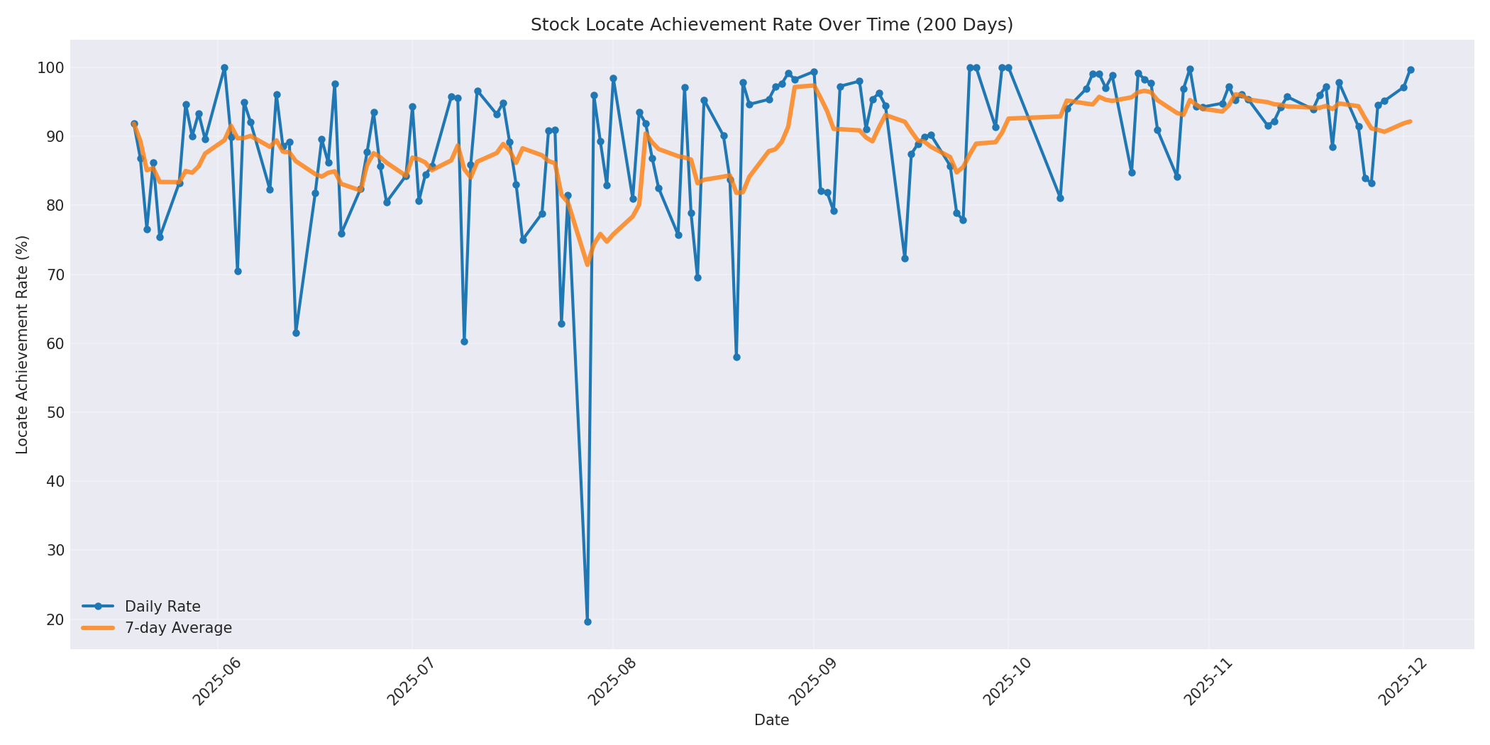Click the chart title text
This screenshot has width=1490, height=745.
tap(771, 25)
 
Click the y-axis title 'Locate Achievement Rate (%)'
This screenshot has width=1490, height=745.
tap(22, 345)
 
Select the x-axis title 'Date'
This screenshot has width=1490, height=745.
tap(771, 720)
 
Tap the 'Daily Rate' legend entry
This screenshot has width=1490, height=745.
tap(162, 607)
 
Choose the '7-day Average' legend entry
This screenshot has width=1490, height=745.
tap(178, 628)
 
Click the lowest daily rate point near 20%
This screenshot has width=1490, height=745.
tap(587, 622)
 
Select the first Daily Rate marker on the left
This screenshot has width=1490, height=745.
tap(134, 124)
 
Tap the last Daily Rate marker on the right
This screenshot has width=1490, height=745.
tap(1411, 70)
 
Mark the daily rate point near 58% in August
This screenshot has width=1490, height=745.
tap(736, 357)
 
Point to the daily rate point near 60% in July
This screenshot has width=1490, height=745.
tap(464, 341)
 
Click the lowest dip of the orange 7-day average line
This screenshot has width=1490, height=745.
tap(587, 265)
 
